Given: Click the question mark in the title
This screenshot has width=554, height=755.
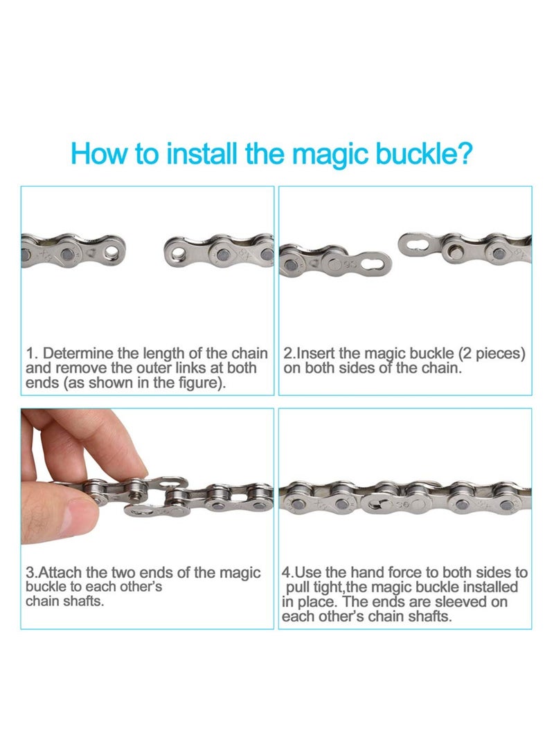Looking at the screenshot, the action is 463,153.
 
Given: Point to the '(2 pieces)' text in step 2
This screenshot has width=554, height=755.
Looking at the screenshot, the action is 492,354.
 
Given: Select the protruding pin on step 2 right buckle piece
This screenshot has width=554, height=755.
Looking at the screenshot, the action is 454,251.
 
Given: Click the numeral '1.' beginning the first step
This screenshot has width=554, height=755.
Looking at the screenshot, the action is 31,354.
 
